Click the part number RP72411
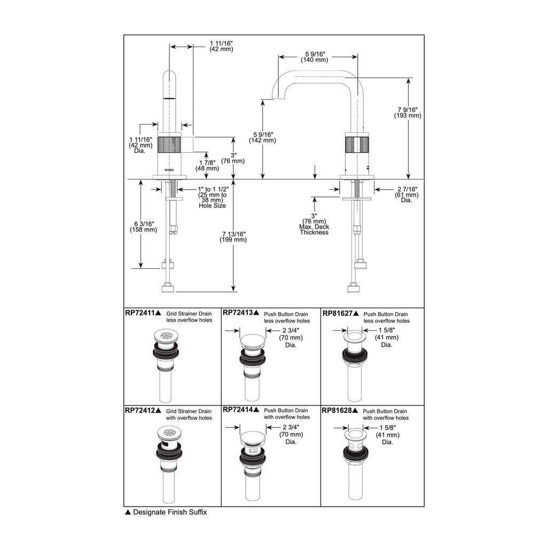[x=140, y=313]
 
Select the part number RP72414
[x=238, y=410]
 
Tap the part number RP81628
[x=338, y=410]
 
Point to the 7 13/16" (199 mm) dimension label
[x=233, y=237]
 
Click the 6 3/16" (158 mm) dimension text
[x=143, y=226]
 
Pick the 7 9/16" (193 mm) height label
[x=408, y=112]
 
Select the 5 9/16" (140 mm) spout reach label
[x=315, y=57]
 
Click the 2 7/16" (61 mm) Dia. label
[x=407, y=194]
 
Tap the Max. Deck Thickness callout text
[x=314, y=230]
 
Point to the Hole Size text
[x=212, y=206]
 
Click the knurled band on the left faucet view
[x=169, y=145]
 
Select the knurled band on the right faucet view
[x=357, y=145]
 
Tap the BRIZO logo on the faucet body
[x=169, y=170]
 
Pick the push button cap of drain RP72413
[x=253, y=341]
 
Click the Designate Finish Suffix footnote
[x=166, y=512]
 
